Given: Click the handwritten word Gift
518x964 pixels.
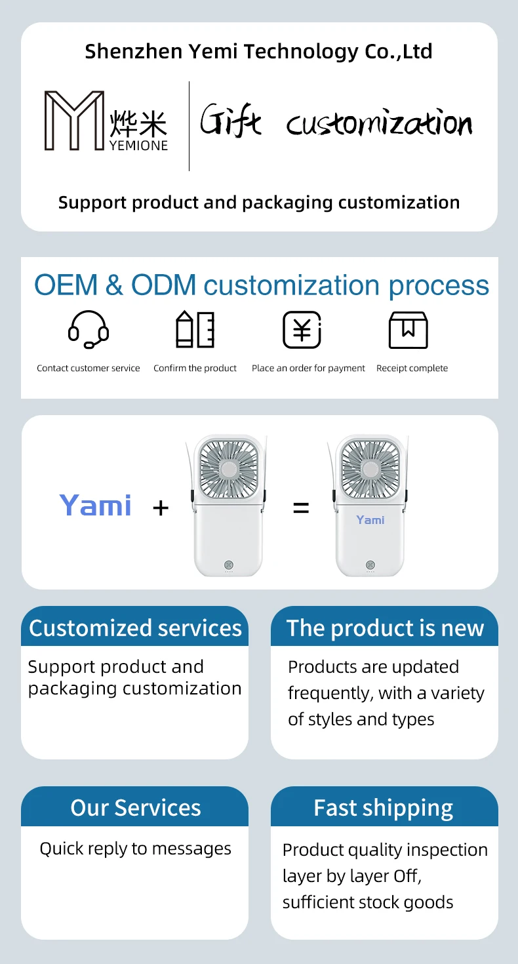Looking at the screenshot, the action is coord(230,121).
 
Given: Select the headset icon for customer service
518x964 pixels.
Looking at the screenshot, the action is coord(89,329).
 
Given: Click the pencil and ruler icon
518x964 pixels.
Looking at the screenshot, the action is coord(195,329).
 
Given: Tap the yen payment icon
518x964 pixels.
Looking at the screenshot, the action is coord(302,329).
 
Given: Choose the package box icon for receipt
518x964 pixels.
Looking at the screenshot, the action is coord(408,329).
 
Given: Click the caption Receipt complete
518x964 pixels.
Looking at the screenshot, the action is coord(412,369).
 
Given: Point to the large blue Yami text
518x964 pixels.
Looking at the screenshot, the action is coord(96,506).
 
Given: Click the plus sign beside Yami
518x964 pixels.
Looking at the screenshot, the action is coord(161,507).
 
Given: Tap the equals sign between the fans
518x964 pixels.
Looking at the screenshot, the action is coord(301,507).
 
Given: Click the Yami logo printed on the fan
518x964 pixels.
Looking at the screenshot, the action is coord(370,520).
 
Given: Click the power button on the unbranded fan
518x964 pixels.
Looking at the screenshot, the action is coord(229,564).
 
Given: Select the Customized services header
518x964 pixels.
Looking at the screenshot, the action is coord(135,628).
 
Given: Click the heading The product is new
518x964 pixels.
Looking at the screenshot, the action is coord(385,628).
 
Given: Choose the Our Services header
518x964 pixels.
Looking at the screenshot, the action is coord(135,807).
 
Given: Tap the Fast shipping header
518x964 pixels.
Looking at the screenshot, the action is coord(384,807).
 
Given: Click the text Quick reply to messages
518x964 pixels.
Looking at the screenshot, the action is coord(135,849).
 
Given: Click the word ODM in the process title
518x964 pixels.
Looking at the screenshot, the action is coord(164,285).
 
